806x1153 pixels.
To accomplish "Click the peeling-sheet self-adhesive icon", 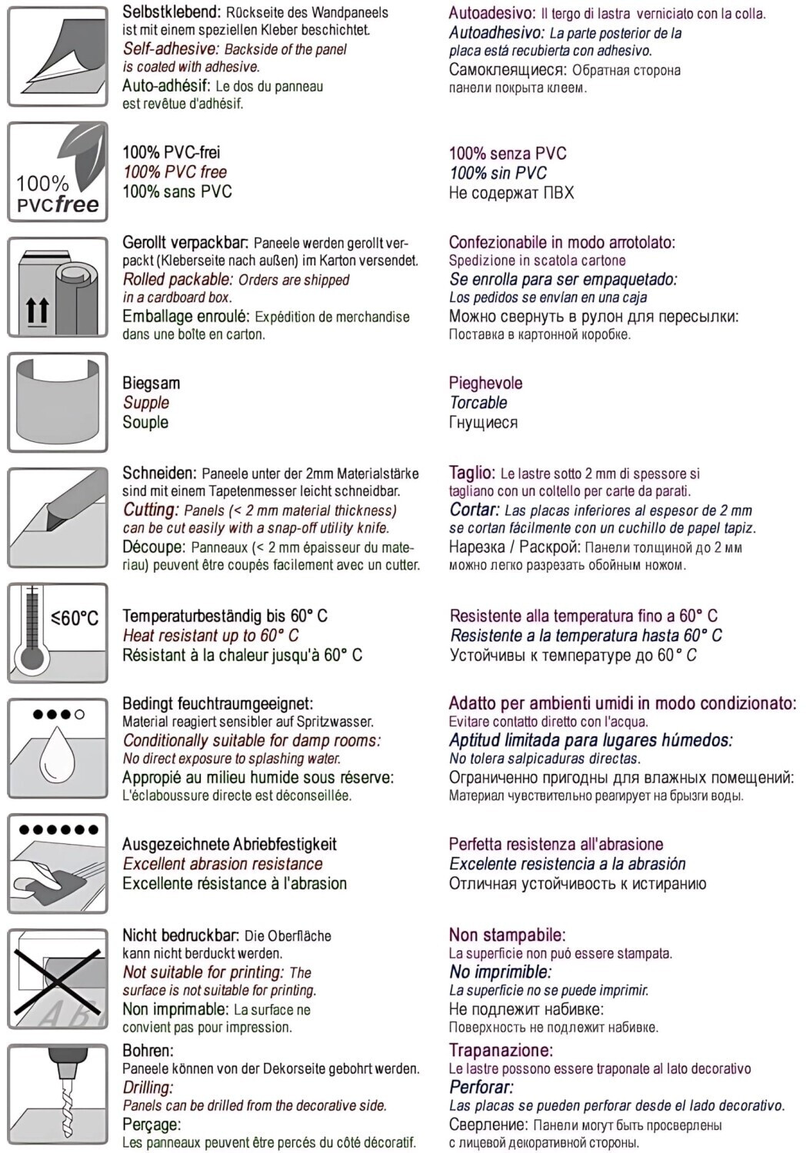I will click(x=58, y=56).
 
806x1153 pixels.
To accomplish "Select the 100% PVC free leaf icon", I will click(x=58, y=171).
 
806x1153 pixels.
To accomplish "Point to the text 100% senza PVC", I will click(x=507, y=154).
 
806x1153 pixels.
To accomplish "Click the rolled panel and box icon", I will click(x=58, y=287).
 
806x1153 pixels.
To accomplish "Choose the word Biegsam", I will click(x=151, y=384).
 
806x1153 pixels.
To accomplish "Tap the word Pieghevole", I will click(x=485, y=384).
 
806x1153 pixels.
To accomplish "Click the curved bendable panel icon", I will click(x=58, y=402).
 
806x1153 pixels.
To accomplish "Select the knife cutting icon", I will click(x=58, y=517).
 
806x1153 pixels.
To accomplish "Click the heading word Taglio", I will click(x=471, y=473).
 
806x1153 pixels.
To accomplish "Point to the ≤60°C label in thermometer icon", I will click(x=75, y=619).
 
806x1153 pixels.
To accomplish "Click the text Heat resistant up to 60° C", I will click(x=210, y=636).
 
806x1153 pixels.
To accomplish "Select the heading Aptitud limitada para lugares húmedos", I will click(x=590, y=741).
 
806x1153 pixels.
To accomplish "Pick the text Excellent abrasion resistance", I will click(x=222, y=864).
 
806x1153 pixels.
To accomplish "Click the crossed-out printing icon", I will click(x=58, y=979).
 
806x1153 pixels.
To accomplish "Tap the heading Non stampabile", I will click(x=507, y=935).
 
